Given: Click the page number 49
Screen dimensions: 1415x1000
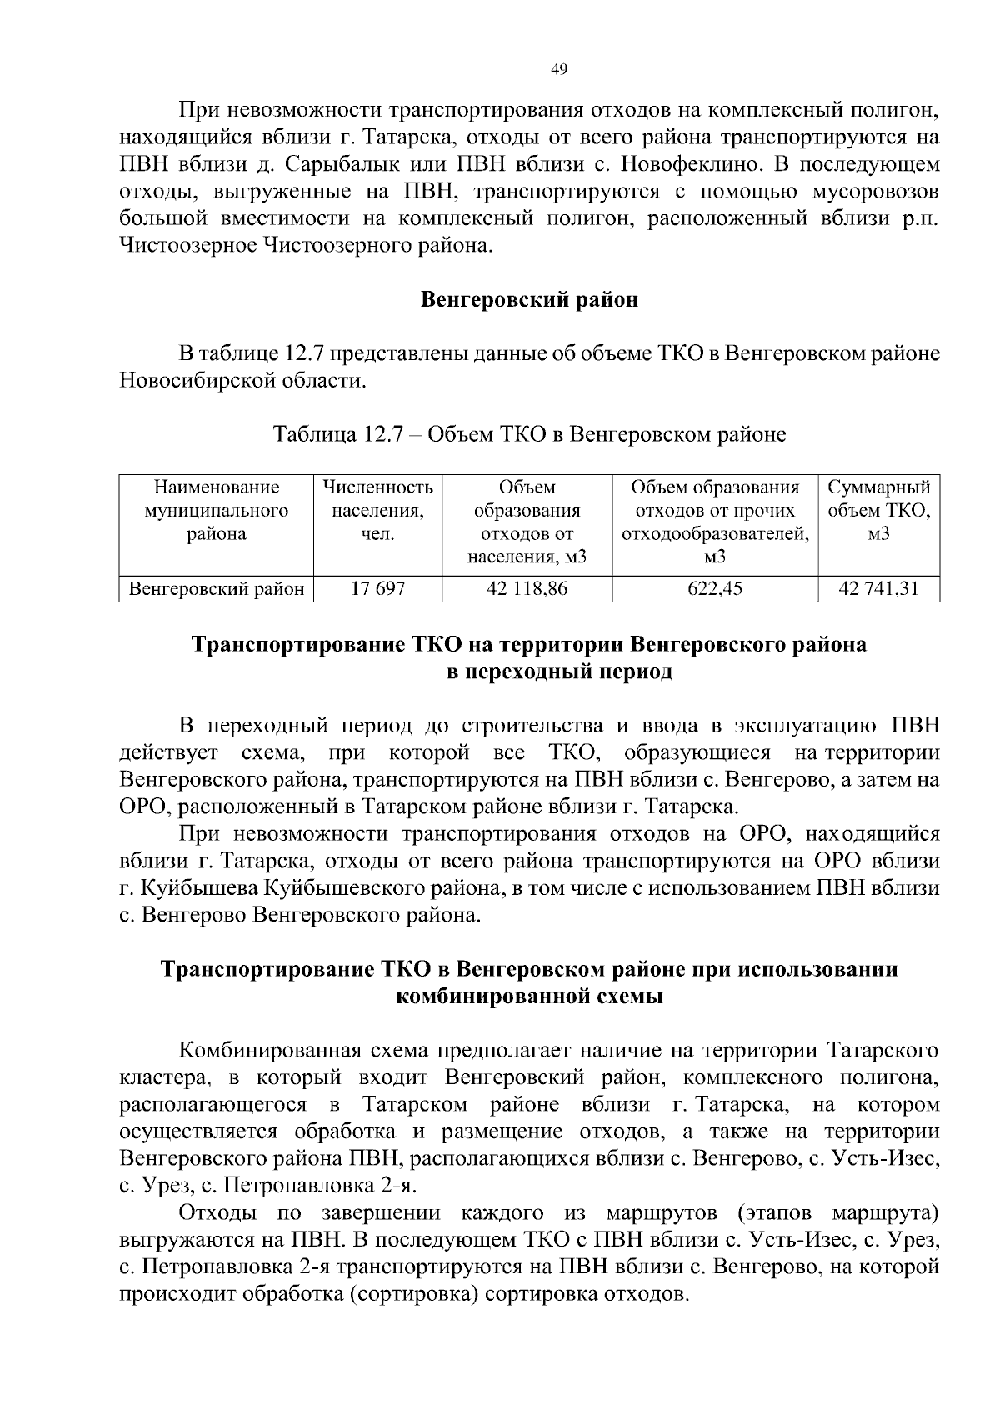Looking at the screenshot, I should pos(559,70).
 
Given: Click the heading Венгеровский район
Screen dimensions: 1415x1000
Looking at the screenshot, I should pos(529,300).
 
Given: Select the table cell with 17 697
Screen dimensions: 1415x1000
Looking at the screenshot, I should pos(377,589).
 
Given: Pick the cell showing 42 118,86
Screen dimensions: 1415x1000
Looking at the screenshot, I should pos(527,589).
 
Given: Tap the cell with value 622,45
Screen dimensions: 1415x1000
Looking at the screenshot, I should pos(714,589).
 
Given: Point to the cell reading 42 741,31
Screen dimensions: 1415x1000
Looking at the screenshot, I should pos(878,589).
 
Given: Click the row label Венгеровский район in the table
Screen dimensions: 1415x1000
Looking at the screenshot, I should pos(216,589).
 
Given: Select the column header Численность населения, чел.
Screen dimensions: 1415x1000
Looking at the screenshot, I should pos(377,511).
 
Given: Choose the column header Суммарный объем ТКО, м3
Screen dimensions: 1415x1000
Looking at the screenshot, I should pos(878,511).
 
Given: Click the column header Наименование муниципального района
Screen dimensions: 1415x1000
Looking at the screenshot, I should pos(216,511).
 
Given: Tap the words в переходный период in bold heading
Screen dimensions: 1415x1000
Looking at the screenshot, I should pos(559,672).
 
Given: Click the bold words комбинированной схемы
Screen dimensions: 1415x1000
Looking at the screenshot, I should pos(529,997).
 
